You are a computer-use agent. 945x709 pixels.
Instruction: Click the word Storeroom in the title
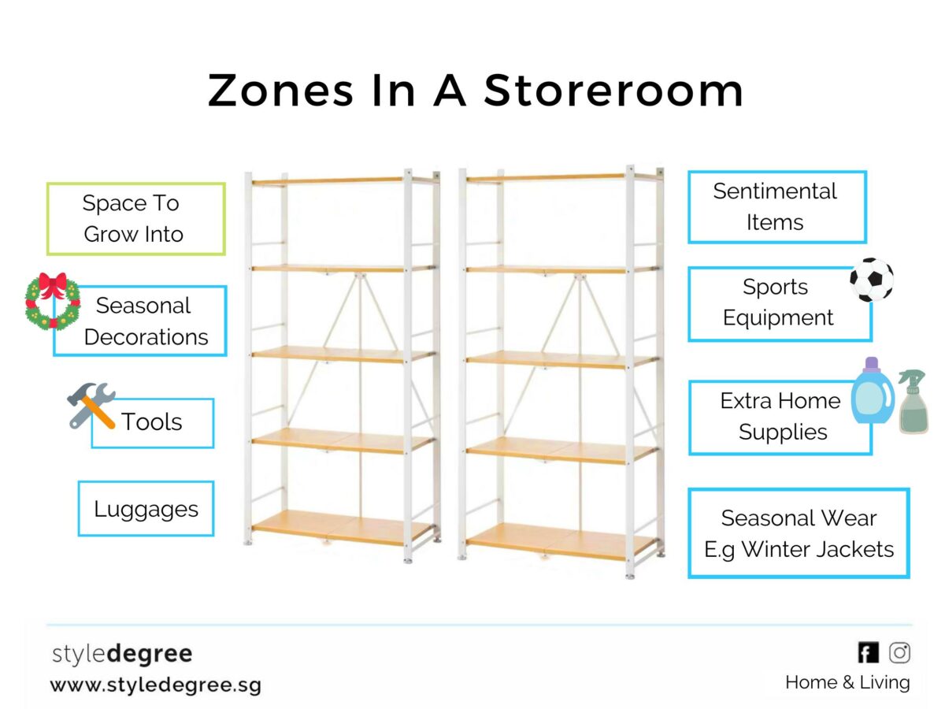point(613,91)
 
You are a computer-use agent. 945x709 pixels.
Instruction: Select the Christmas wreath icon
point(53,300)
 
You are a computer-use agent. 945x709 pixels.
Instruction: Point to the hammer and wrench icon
point(91,405)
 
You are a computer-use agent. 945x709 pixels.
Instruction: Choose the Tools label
point(152,422)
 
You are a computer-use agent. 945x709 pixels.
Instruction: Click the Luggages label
point(146,509)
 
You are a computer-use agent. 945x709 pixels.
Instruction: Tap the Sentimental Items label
point(776,206)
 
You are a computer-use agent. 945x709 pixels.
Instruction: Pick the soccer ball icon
point(872,280)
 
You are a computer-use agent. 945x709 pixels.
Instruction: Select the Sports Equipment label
point(778,303)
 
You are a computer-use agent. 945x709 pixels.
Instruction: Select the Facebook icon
point(868,652)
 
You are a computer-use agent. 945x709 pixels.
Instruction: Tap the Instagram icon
point(900,652)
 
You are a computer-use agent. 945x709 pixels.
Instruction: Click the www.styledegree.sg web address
point(155,684)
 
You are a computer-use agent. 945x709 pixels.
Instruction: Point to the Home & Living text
point(847,682)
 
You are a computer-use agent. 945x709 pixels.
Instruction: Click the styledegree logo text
point(121,654)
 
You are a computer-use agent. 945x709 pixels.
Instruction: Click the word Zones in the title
point(280,91)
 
